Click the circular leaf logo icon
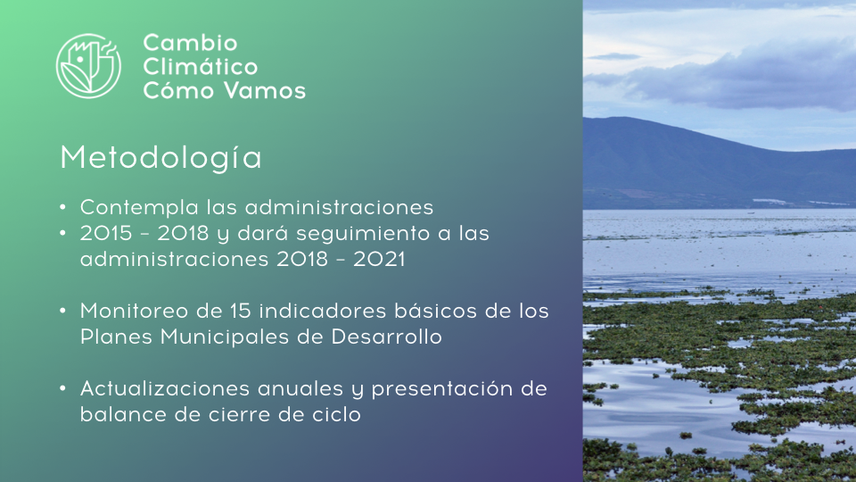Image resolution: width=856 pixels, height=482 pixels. [88, 66]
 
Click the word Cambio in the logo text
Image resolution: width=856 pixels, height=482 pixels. [190, 43]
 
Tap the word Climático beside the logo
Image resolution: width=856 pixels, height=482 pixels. [201, 66]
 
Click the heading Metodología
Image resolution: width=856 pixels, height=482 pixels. [161, 158]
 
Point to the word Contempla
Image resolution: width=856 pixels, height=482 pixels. [139, 208]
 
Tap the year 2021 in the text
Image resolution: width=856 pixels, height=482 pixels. [379, 259]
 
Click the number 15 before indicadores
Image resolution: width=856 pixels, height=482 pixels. [240, 311]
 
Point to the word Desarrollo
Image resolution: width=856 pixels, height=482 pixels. [386, 337]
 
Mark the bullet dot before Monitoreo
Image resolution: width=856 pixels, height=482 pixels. [62, 311]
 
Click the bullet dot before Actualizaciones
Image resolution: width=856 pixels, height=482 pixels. [62, 388]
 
